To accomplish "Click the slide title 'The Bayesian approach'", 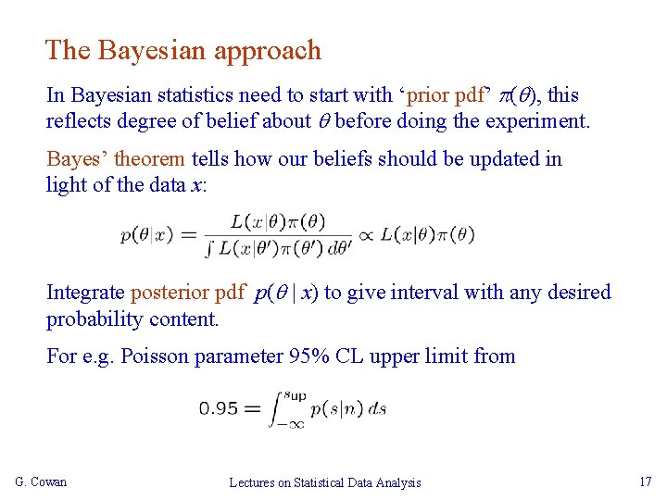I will (182, 50).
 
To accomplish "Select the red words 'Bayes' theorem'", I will (116, 159).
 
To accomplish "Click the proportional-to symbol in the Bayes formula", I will (366, 234).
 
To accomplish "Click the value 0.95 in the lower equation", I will (219, 407).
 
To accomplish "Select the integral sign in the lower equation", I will (274, 408).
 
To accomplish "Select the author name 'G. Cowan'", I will (41, 481).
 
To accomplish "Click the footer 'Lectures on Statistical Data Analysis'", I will (324, 482).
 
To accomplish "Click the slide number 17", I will (646, 481).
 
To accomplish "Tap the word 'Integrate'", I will (85, 293).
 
